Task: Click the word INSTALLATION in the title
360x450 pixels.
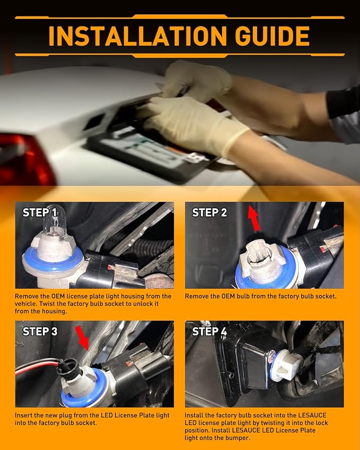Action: coord(138,36)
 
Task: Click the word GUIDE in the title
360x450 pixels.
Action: coord(272,36)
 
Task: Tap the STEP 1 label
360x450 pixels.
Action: coord(40,213)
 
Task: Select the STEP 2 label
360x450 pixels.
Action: coord(209,213)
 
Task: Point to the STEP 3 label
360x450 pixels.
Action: coord(40,331)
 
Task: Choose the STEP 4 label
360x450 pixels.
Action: coord(209,331)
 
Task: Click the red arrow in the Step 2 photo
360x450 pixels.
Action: coord(254,218)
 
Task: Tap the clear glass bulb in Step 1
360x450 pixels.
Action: coord(55,219)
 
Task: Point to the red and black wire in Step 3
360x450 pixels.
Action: coord(37,366)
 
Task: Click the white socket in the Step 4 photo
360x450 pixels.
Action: coord(287,365)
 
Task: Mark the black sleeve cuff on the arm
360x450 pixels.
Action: coord(343,102)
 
